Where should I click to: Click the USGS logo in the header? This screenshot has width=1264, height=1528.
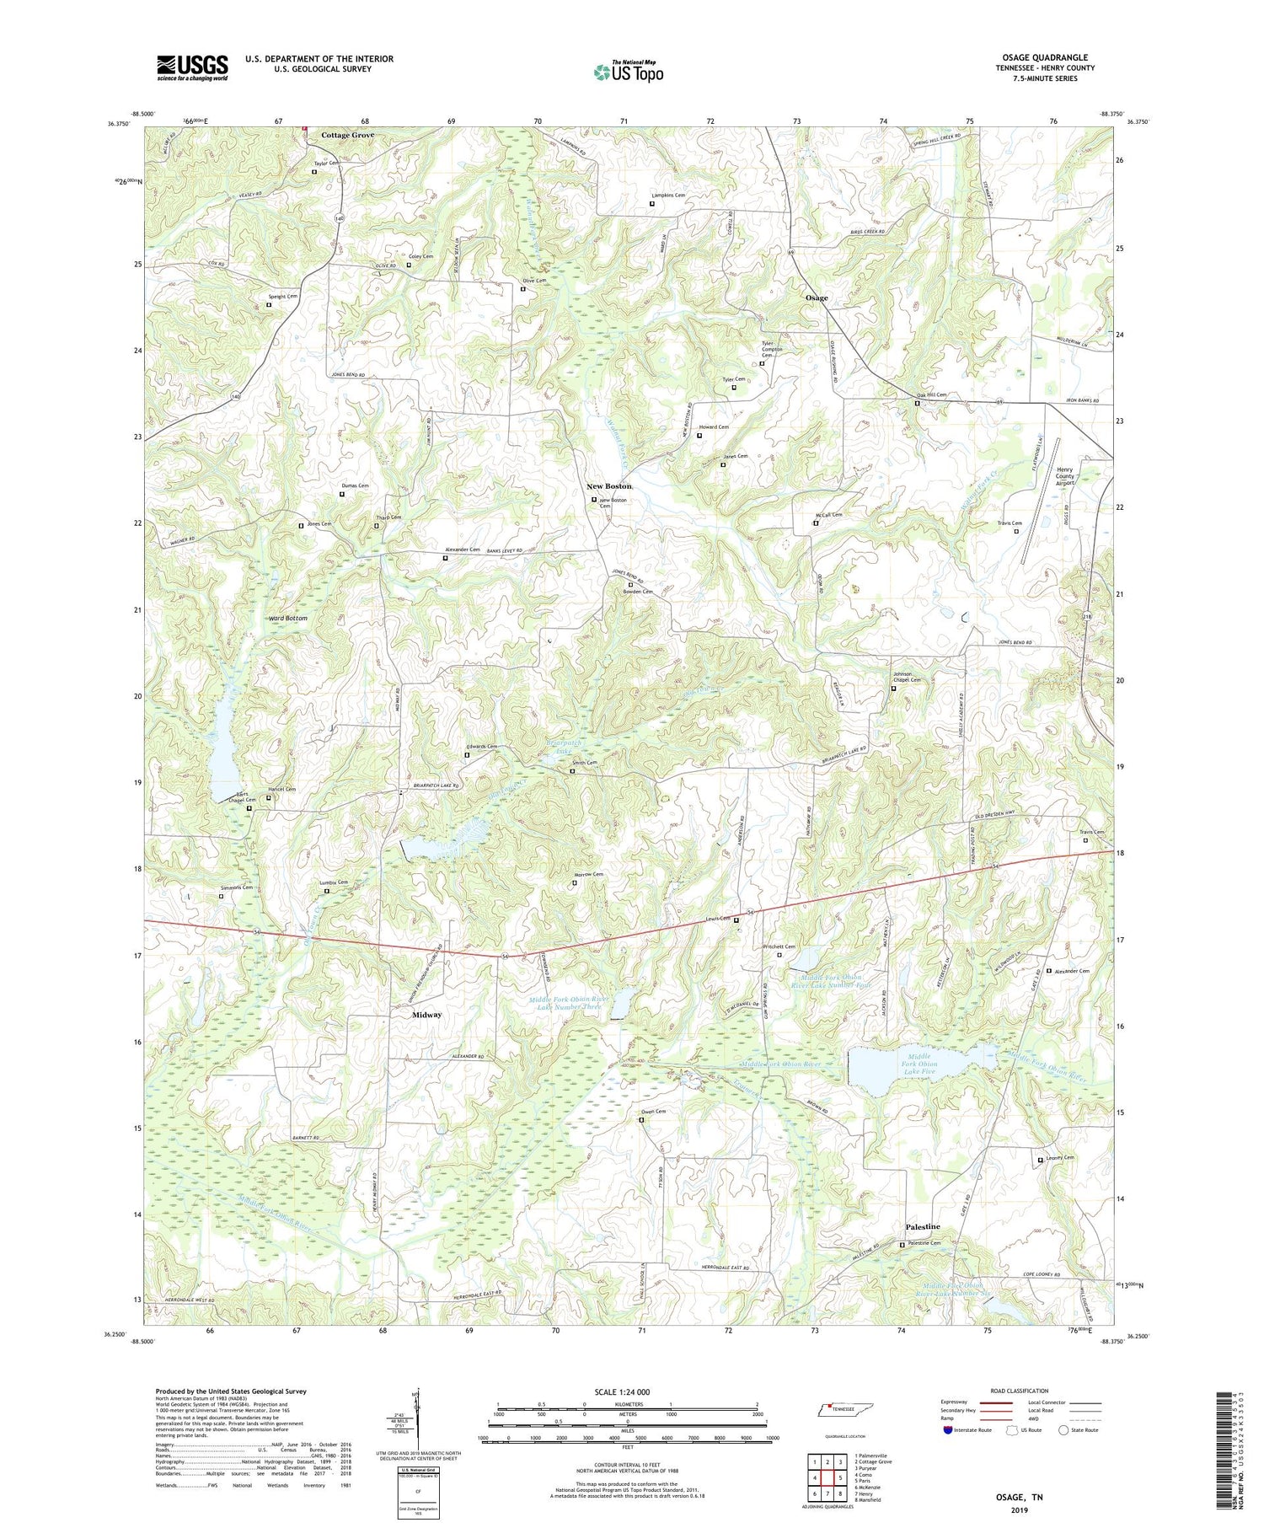192,67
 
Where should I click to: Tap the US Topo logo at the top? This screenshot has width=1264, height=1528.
628,72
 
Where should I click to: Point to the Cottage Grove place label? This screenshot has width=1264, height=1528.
347,135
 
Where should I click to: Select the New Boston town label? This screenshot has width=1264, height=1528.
609,486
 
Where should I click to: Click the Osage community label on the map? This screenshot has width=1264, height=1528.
816,298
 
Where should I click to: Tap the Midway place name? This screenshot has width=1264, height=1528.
426,1015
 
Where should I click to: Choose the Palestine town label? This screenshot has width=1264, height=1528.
923,1226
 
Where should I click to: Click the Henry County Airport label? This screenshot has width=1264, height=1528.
1066,476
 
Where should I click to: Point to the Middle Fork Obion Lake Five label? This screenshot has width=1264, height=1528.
922,1064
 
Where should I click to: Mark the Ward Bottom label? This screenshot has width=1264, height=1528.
288,618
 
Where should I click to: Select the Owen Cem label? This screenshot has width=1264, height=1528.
654,1111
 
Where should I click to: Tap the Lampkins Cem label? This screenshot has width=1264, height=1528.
668,195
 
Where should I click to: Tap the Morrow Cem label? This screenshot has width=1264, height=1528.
588,874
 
